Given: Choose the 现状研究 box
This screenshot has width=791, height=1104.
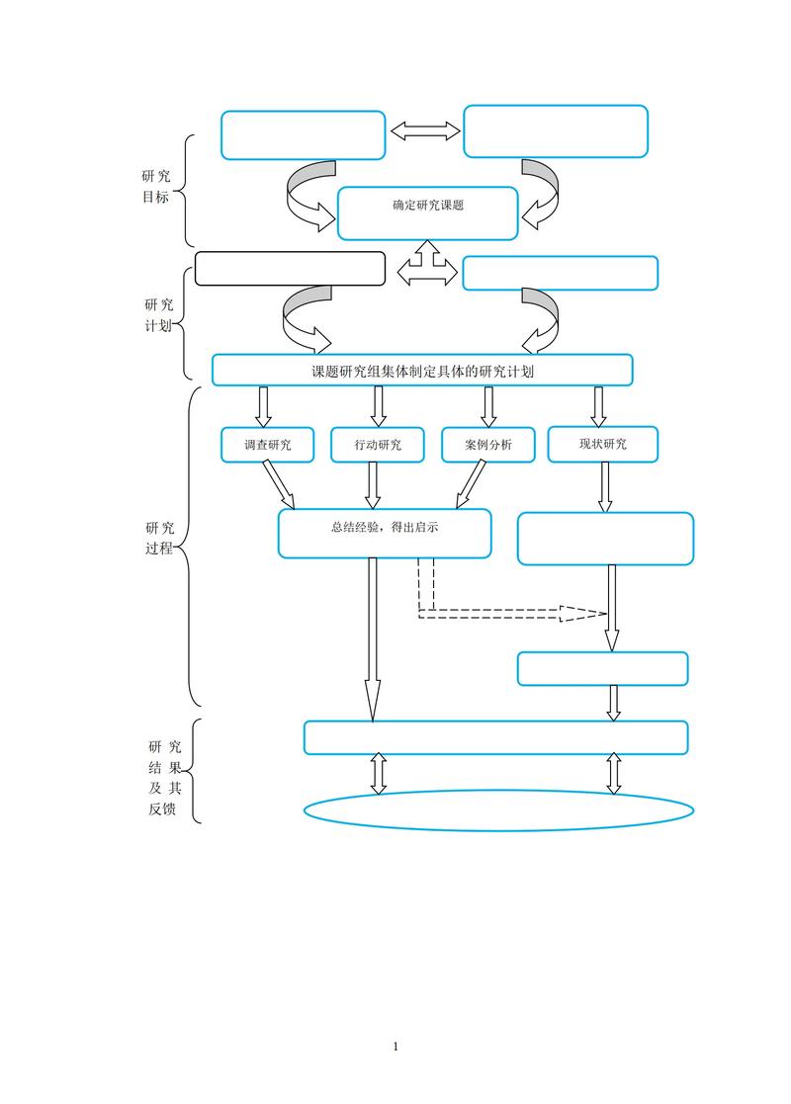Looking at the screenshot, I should (x=602, y=444).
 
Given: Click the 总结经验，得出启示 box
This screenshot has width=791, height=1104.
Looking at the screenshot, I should (x=385, y=533).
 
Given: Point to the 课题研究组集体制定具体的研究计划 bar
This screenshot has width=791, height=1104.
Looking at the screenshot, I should (x=422, y=371).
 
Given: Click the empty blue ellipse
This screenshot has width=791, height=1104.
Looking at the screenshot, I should (x=498, y=810).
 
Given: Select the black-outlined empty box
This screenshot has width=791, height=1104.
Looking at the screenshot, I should (x=290, y=269).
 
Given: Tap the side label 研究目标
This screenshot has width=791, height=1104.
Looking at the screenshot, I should (x=156, y=186).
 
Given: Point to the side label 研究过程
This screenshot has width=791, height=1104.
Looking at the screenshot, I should (x=159, y=537).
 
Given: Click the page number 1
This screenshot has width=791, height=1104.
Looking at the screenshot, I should (x=395, y=1046).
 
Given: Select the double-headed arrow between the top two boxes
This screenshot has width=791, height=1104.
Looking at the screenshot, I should (x=426, y=131).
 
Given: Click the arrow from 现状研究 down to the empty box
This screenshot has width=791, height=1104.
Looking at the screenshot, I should (x=605, y=486).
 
